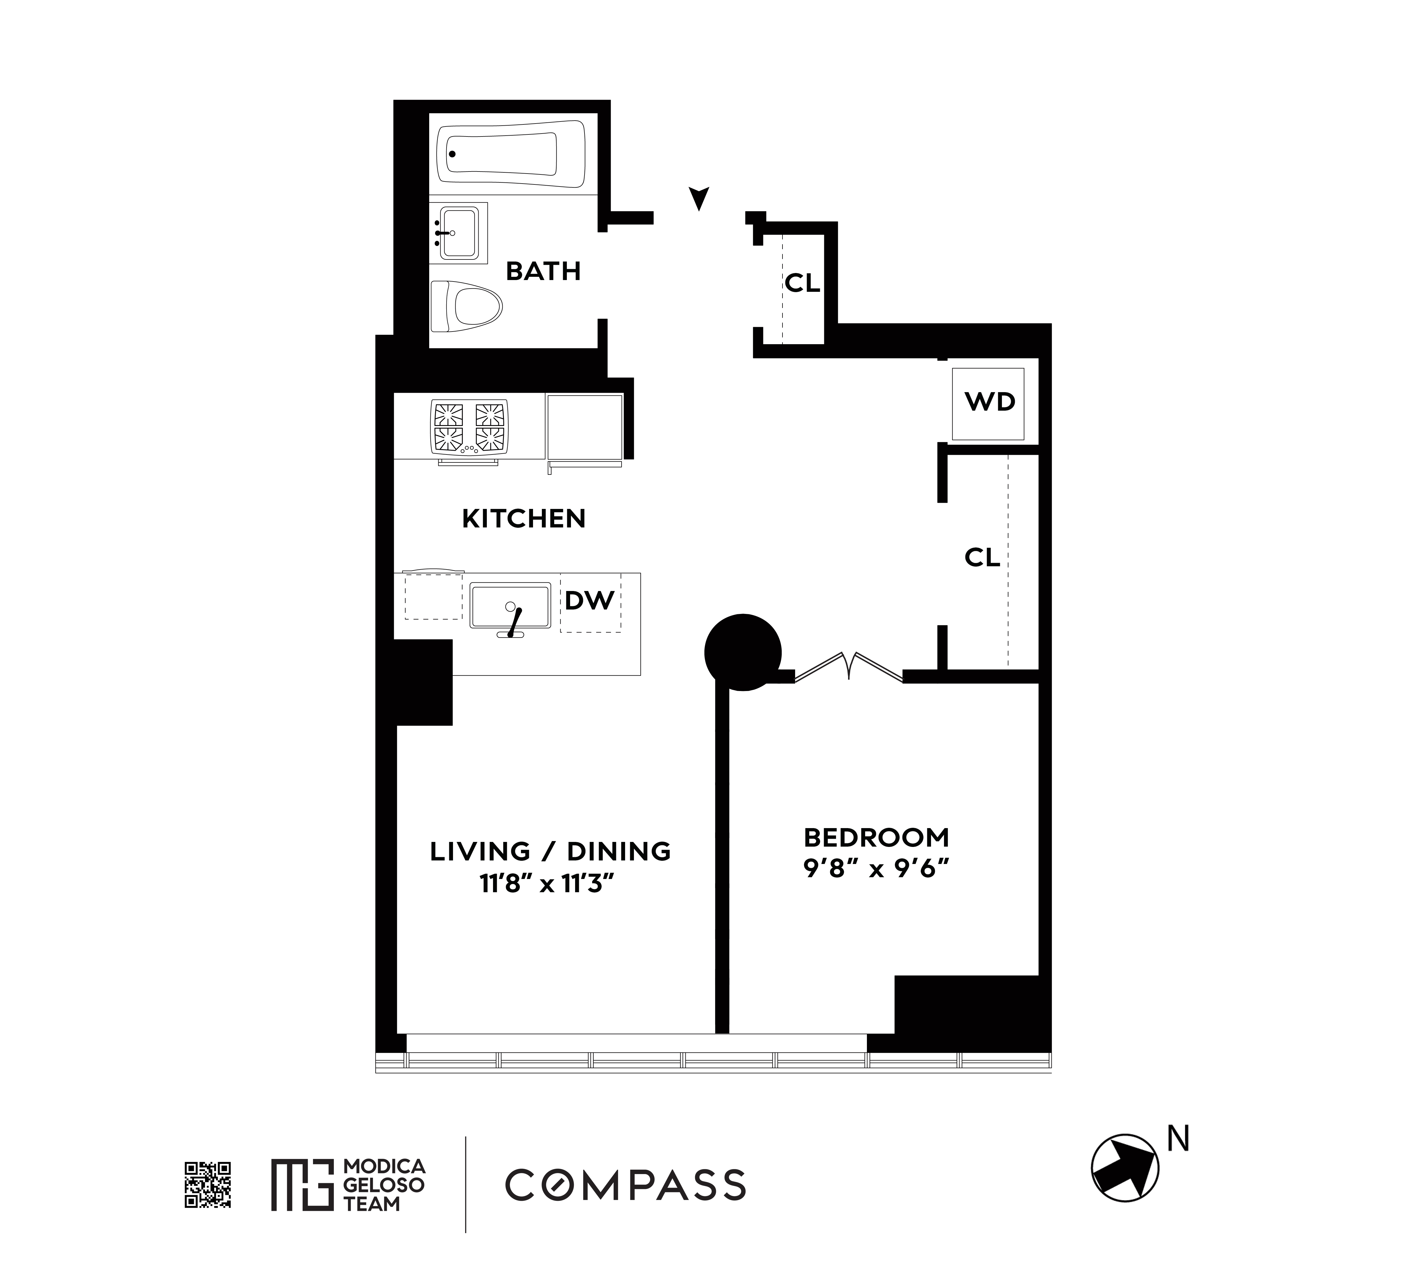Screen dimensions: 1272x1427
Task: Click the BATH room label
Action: [543, 271]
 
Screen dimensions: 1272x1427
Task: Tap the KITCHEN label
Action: [523, 519]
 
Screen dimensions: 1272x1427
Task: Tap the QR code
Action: [208, 1185]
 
